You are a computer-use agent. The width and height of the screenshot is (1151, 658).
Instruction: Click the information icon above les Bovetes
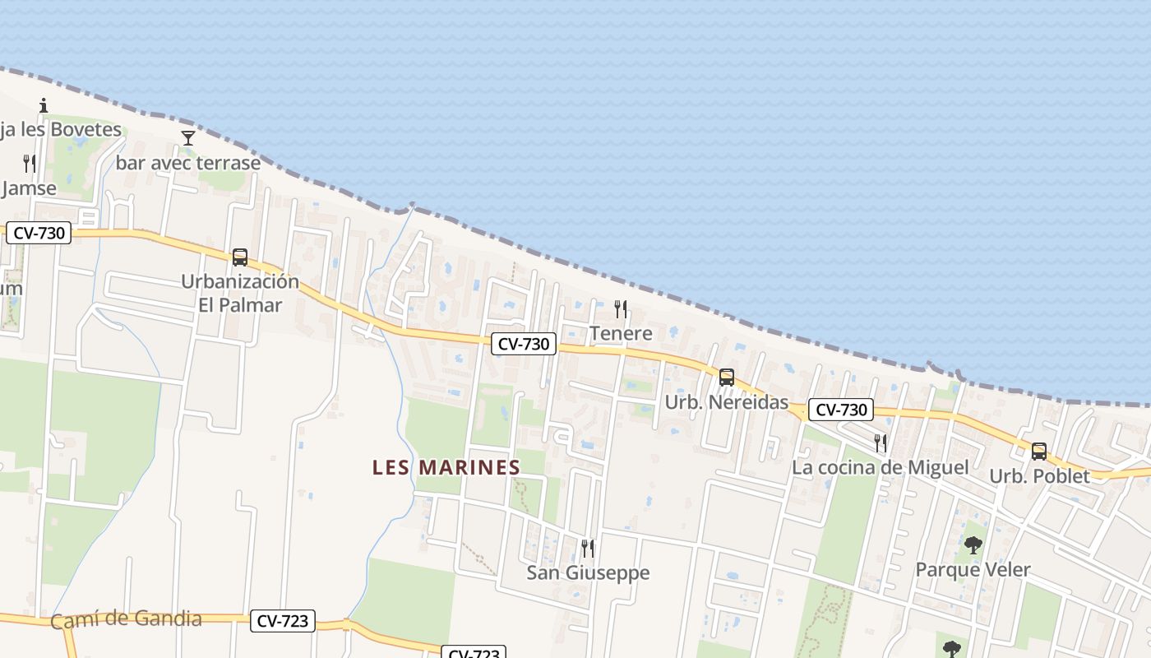(44, 105)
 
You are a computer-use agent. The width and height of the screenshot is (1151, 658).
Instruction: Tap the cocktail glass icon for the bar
(188, 138)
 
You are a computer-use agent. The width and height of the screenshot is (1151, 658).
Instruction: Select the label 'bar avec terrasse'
(187, 163)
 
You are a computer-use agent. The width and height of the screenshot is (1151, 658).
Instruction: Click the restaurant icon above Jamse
(30, 164)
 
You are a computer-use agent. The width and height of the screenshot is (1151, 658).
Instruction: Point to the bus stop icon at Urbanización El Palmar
(240, 257)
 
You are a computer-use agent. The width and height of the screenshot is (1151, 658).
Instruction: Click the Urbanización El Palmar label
(240, 293)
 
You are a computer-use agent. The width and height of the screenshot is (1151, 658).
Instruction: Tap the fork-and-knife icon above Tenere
(621, 309)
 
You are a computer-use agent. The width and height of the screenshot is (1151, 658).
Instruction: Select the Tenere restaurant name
(621, 333)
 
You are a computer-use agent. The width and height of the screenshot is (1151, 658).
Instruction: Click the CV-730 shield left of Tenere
(524, 344)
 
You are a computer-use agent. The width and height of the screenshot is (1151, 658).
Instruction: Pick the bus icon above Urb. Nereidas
(727, 378)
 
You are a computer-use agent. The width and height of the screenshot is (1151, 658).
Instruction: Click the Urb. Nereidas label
(726, 403)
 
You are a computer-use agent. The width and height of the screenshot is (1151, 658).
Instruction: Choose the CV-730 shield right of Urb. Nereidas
(840, 410)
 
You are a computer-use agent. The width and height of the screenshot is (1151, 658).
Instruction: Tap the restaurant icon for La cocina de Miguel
(881, 443)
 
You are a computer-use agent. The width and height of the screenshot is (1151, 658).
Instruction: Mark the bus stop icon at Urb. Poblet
(1039, 451)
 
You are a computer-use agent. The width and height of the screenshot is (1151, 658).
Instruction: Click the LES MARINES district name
(446, 467)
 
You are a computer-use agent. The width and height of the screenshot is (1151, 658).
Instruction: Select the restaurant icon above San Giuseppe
(588, 548)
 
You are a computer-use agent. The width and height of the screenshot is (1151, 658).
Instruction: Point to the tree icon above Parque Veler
(973, 544)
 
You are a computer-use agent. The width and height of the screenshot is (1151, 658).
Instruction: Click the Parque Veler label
(973, 569)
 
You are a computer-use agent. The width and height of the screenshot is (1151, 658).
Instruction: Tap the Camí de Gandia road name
(126, 619)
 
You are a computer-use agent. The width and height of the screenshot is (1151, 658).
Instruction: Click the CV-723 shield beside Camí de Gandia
(283, 621)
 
